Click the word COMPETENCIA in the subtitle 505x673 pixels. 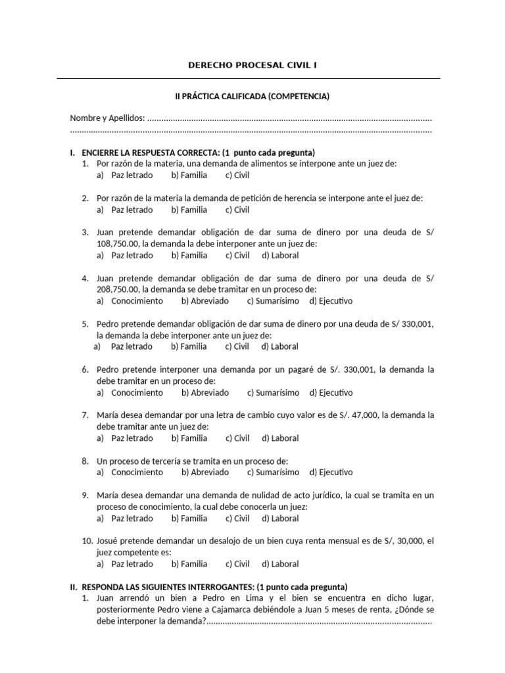pos(295,97)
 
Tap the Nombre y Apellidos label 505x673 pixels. pos(107,118)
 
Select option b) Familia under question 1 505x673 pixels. pos(189,175)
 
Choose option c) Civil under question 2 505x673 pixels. pos(237,210)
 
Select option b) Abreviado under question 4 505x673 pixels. pos(204,301)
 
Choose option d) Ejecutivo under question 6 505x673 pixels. pos(331,392)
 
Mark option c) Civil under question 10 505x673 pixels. pos(237,564)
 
